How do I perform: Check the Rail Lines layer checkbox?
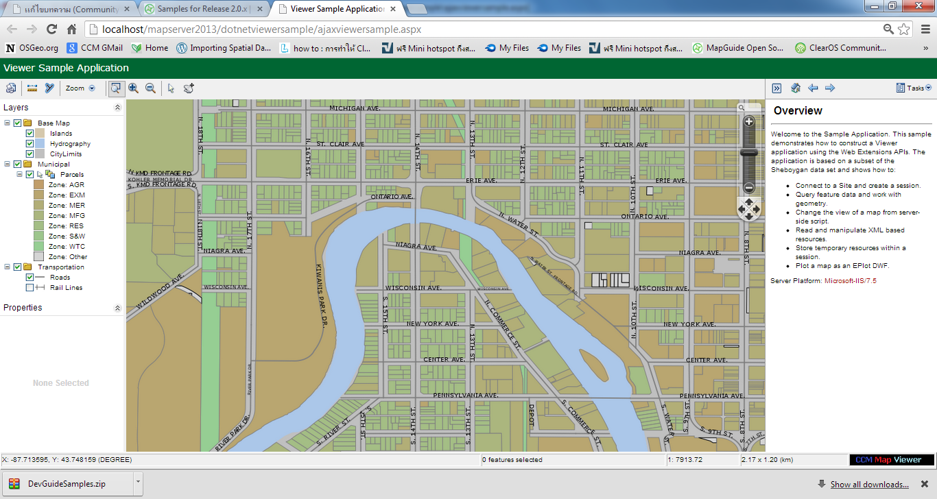coord(29,288)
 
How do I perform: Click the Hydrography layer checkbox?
coord(29,144)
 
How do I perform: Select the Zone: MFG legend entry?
coord(67,216)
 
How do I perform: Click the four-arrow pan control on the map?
coord(748,209)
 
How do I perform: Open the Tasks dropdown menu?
coord(914,88)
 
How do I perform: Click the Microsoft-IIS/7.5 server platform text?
coord(851,281)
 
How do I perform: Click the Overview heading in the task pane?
coord(798,111)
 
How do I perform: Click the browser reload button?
coord(51,29)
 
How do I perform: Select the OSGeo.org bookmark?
coord(32,48)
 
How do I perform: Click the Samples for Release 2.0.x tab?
coord(202,9)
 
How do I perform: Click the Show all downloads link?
coord(869,485)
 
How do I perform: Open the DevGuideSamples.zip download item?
coord(67,484)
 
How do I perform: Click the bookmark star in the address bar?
coord(904,29)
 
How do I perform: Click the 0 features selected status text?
coord(512,460)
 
